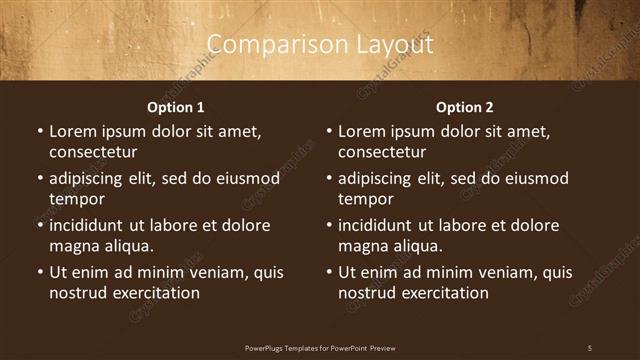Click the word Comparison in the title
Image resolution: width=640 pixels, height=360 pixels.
click(x=267, y=45)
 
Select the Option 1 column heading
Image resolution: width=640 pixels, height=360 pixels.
click(x=176, y=107)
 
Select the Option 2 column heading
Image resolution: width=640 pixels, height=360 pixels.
click(x=465, y=107)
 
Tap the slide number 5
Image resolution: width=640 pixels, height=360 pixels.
click(x=590, y=347)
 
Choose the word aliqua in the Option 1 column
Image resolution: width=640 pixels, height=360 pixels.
click(x=129, y=245)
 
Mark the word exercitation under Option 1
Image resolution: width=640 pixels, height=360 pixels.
click(x=155, y=293)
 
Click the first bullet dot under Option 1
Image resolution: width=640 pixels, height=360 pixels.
click(x=40, y=132)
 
